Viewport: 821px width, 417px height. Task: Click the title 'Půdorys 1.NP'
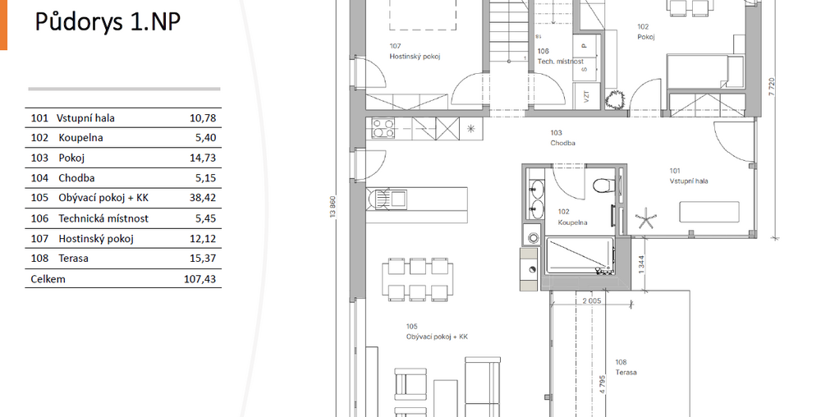pos(108,22)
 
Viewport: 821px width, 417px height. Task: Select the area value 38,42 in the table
pos(203,198)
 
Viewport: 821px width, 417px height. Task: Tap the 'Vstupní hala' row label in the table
pos(85,118)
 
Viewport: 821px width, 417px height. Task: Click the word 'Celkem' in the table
pos(48,279)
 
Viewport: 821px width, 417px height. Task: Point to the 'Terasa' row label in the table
pos(73,259)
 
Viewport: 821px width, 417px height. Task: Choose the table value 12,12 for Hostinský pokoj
pos(203,239)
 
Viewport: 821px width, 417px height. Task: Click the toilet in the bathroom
pos(601,185)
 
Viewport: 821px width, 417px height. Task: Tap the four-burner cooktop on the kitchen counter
pos(383,128)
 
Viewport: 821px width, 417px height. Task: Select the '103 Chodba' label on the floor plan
pos(562,138)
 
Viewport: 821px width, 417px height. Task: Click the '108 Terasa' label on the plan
pos(626,367)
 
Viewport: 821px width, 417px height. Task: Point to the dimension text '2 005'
pos(592,300)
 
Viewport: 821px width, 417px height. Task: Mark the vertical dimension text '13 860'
pos(333,207)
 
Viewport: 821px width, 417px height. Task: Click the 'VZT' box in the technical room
pos(586,96)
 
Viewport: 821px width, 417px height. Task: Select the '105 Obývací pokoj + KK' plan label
pos(437,332)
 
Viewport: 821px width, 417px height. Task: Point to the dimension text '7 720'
pos(771,86)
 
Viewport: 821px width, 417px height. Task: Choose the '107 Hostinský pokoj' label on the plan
pos(415,51)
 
